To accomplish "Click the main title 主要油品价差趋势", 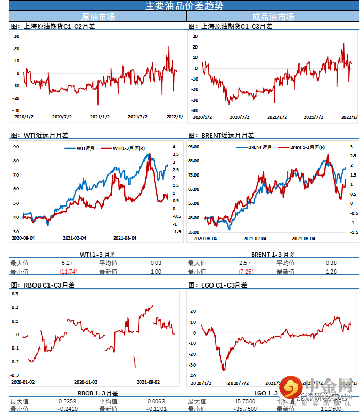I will tap(179, 6).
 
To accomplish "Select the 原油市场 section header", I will tap(99, 17).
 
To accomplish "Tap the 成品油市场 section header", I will tap(273, 17).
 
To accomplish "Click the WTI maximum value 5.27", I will tap(68, 263).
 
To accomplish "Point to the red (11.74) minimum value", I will tap(68, 272).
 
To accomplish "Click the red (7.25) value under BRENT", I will tap(246, 272).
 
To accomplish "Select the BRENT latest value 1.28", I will tap(331, 272).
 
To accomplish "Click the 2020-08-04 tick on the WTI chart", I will tap(23, 238).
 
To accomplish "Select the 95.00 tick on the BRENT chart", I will tap(194, 147).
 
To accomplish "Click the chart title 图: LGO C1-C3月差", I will tap(218, 285).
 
